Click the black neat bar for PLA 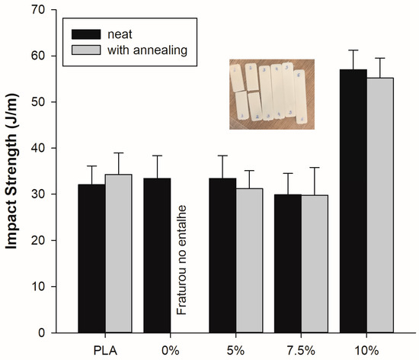click(91, 259)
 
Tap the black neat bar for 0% click(157, 256)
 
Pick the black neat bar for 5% click(222, 256)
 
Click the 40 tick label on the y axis click(49, 148)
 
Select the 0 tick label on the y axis click(52, 333)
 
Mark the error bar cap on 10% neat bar click(353, 50)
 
